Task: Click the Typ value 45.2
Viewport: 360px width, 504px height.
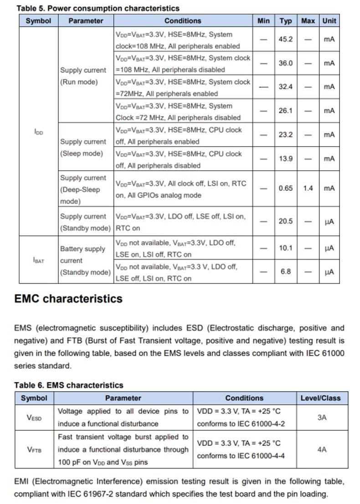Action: click(x=285, y=40)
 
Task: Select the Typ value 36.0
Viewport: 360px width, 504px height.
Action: click(x=285, y=63)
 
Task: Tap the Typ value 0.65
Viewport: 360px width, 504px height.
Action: click(x=285, y=188)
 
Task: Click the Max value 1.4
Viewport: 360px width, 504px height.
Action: click(x=308, y=188)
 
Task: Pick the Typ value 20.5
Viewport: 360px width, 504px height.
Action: click(x=285, y=221)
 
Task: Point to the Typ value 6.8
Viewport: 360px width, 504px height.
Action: click(x=285, y=272)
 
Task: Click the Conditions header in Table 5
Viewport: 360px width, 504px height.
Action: click(x=182, y=20)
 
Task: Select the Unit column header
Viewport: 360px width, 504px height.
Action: click(x=329, y=20)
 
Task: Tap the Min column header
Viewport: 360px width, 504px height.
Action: click(x=263, y=20)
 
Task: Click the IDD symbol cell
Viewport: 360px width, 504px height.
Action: click(x=38, y=132)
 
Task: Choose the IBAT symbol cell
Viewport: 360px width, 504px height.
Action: click(x=38, y=260)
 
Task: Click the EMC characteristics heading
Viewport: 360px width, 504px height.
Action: click(x=68, y=299)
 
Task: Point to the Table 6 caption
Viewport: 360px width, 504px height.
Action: click(x=68, y=385)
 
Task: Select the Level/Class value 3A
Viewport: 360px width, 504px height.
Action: click(x=322, y=417)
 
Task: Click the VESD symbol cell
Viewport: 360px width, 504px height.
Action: click(x=34, y=417)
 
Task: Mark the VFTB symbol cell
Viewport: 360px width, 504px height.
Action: click(x=34, y=449)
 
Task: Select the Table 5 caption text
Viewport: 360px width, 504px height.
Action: click(x=98, y=8)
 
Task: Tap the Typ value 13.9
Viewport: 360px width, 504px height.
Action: click(x=285, y=159)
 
